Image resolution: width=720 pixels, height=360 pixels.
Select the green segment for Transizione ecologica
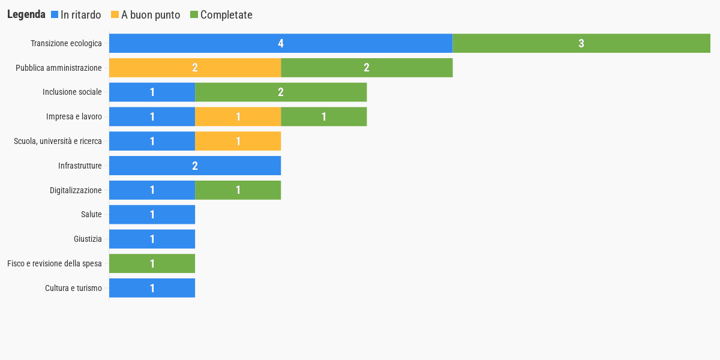point(581,43)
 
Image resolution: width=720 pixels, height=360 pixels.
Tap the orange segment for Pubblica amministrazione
point(195,68)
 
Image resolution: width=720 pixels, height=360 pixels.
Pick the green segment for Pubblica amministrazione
point(367,68)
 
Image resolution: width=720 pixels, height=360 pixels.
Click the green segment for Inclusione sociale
point(281,92)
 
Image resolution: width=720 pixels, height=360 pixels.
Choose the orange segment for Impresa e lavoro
point(238,116)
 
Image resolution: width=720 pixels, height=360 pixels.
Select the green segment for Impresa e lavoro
point(324,116)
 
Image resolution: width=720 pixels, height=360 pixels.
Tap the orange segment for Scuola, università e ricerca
point(238,141)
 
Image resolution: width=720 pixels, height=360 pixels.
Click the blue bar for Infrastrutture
point(195,166)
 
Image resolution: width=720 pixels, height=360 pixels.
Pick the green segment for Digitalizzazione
point(238,190)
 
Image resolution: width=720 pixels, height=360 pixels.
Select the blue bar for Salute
point(152,214)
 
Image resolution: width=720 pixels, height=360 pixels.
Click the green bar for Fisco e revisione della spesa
point(152,263)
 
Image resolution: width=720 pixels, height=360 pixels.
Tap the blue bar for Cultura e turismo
point(152,288)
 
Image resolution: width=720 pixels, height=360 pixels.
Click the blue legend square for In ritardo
point(55,14)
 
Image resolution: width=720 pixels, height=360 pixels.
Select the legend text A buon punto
point(151,15)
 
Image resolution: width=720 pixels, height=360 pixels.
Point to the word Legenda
point(26,14)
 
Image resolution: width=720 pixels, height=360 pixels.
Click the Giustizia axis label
point(88,239)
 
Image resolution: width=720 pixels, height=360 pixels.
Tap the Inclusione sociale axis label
point(72,92)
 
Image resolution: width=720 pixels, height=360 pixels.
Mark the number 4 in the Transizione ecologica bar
point(281,43)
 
